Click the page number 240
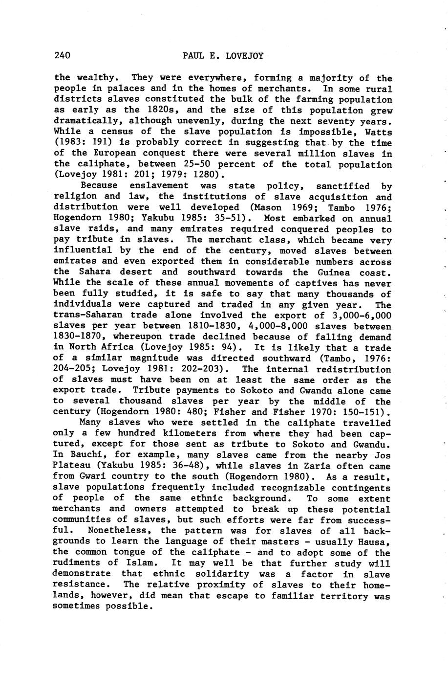[x=63, y=55]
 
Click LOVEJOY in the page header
[x=245, y=56]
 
